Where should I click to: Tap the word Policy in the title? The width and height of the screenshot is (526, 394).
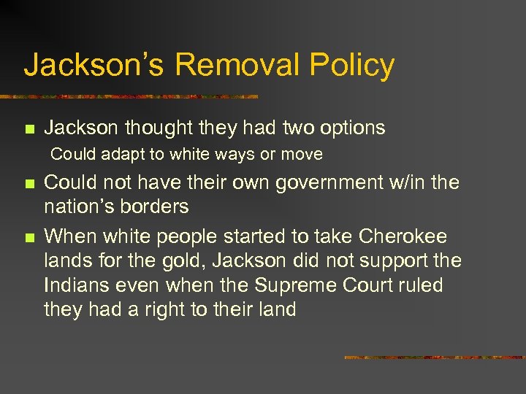352,65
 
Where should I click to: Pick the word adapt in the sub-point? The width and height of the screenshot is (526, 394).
115,155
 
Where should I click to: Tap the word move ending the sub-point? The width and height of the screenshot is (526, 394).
305,155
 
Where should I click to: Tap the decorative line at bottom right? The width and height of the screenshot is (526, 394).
435,358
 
